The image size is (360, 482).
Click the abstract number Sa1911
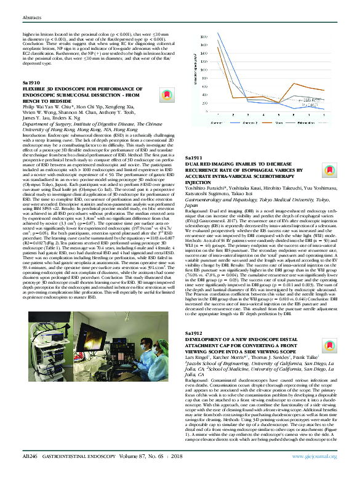click(x=195, y=141)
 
